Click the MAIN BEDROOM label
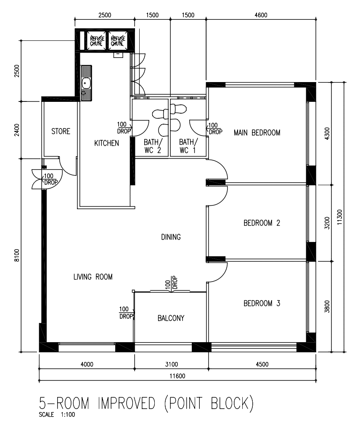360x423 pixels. [257, 133]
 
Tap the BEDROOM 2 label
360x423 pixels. [262, 223]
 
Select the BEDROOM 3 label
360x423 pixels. [262, 303]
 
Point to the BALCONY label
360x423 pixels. [171, 318]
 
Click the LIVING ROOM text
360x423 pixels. [93, 277]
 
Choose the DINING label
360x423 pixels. [171, 237]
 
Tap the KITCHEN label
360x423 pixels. [106, 144]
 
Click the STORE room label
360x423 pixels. [61, 132]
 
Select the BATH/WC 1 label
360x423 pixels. [186, 146]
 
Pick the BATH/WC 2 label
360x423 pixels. [151, 146]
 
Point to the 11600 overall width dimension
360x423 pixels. [177, 376]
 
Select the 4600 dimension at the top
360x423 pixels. [261, 16]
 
